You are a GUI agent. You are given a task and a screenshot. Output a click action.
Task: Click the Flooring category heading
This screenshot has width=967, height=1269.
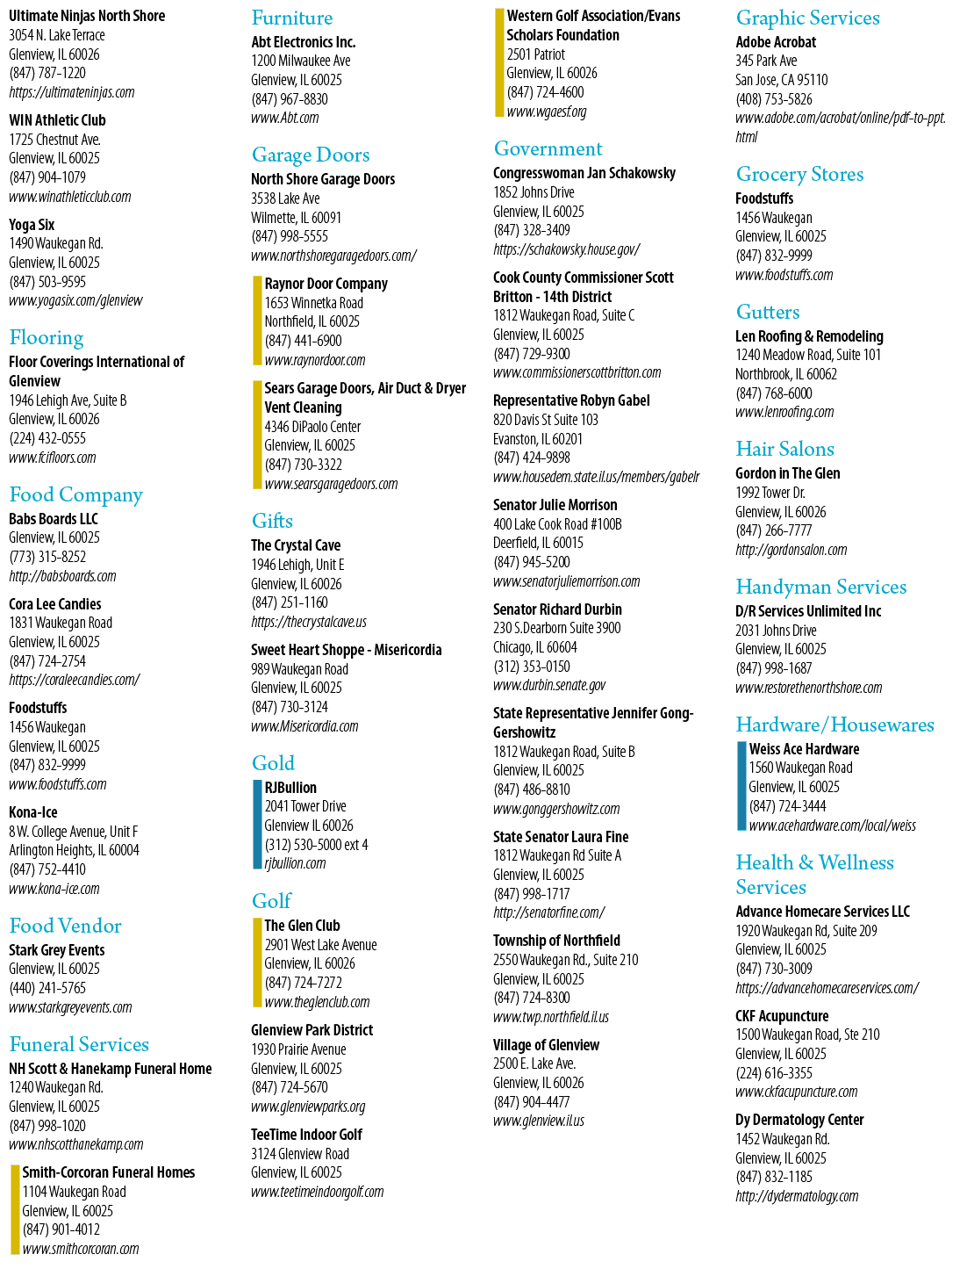(47, 337)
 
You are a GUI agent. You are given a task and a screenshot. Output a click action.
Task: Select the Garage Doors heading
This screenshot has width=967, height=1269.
(311, 155)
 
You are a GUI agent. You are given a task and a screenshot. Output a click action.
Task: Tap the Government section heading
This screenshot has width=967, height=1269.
(548, 148)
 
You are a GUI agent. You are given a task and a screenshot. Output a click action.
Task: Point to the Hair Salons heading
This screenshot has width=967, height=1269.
(784, 450)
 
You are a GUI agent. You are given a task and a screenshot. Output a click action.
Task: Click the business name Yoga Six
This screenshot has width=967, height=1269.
(32, 225)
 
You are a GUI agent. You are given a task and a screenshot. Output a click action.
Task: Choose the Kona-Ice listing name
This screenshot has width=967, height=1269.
(33, 812)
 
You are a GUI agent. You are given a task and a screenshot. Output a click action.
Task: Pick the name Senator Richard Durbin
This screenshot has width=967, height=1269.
(557, 609)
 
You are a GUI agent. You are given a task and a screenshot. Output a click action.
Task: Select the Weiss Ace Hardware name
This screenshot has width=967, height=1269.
(804, 749)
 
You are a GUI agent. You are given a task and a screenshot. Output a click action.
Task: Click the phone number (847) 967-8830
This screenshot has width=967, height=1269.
(290, 99)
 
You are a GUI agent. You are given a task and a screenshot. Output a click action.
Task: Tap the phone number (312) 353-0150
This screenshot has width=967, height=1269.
(532, 667)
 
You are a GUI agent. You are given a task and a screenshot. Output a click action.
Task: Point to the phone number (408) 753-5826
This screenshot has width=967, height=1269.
(774, 99)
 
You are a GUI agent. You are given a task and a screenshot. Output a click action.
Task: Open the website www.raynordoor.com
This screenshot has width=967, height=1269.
(315, 360)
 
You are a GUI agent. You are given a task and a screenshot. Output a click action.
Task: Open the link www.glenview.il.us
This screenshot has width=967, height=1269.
(539, 1121)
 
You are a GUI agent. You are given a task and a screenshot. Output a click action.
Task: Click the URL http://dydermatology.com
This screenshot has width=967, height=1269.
(797, 1196)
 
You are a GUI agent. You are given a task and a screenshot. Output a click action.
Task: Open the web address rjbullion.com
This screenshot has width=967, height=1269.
(295, 864)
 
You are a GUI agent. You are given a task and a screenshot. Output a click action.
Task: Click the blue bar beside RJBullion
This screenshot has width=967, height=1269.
(257, 825)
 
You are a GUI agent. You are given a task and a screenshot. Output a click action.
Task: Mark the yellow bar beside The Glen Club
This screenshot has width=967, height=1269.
(257, 963)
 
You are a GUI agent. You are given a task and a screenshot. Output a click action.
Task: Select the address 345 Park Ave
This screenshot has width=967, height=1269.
(766, 61)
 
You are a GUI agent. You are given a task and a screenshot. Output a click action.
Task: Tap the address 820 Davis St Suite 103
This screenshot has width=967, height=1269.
(546, 421)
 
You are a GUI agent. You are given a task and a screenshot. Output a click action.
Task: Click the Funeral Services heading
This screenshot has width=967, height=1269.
(79, 1045)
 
